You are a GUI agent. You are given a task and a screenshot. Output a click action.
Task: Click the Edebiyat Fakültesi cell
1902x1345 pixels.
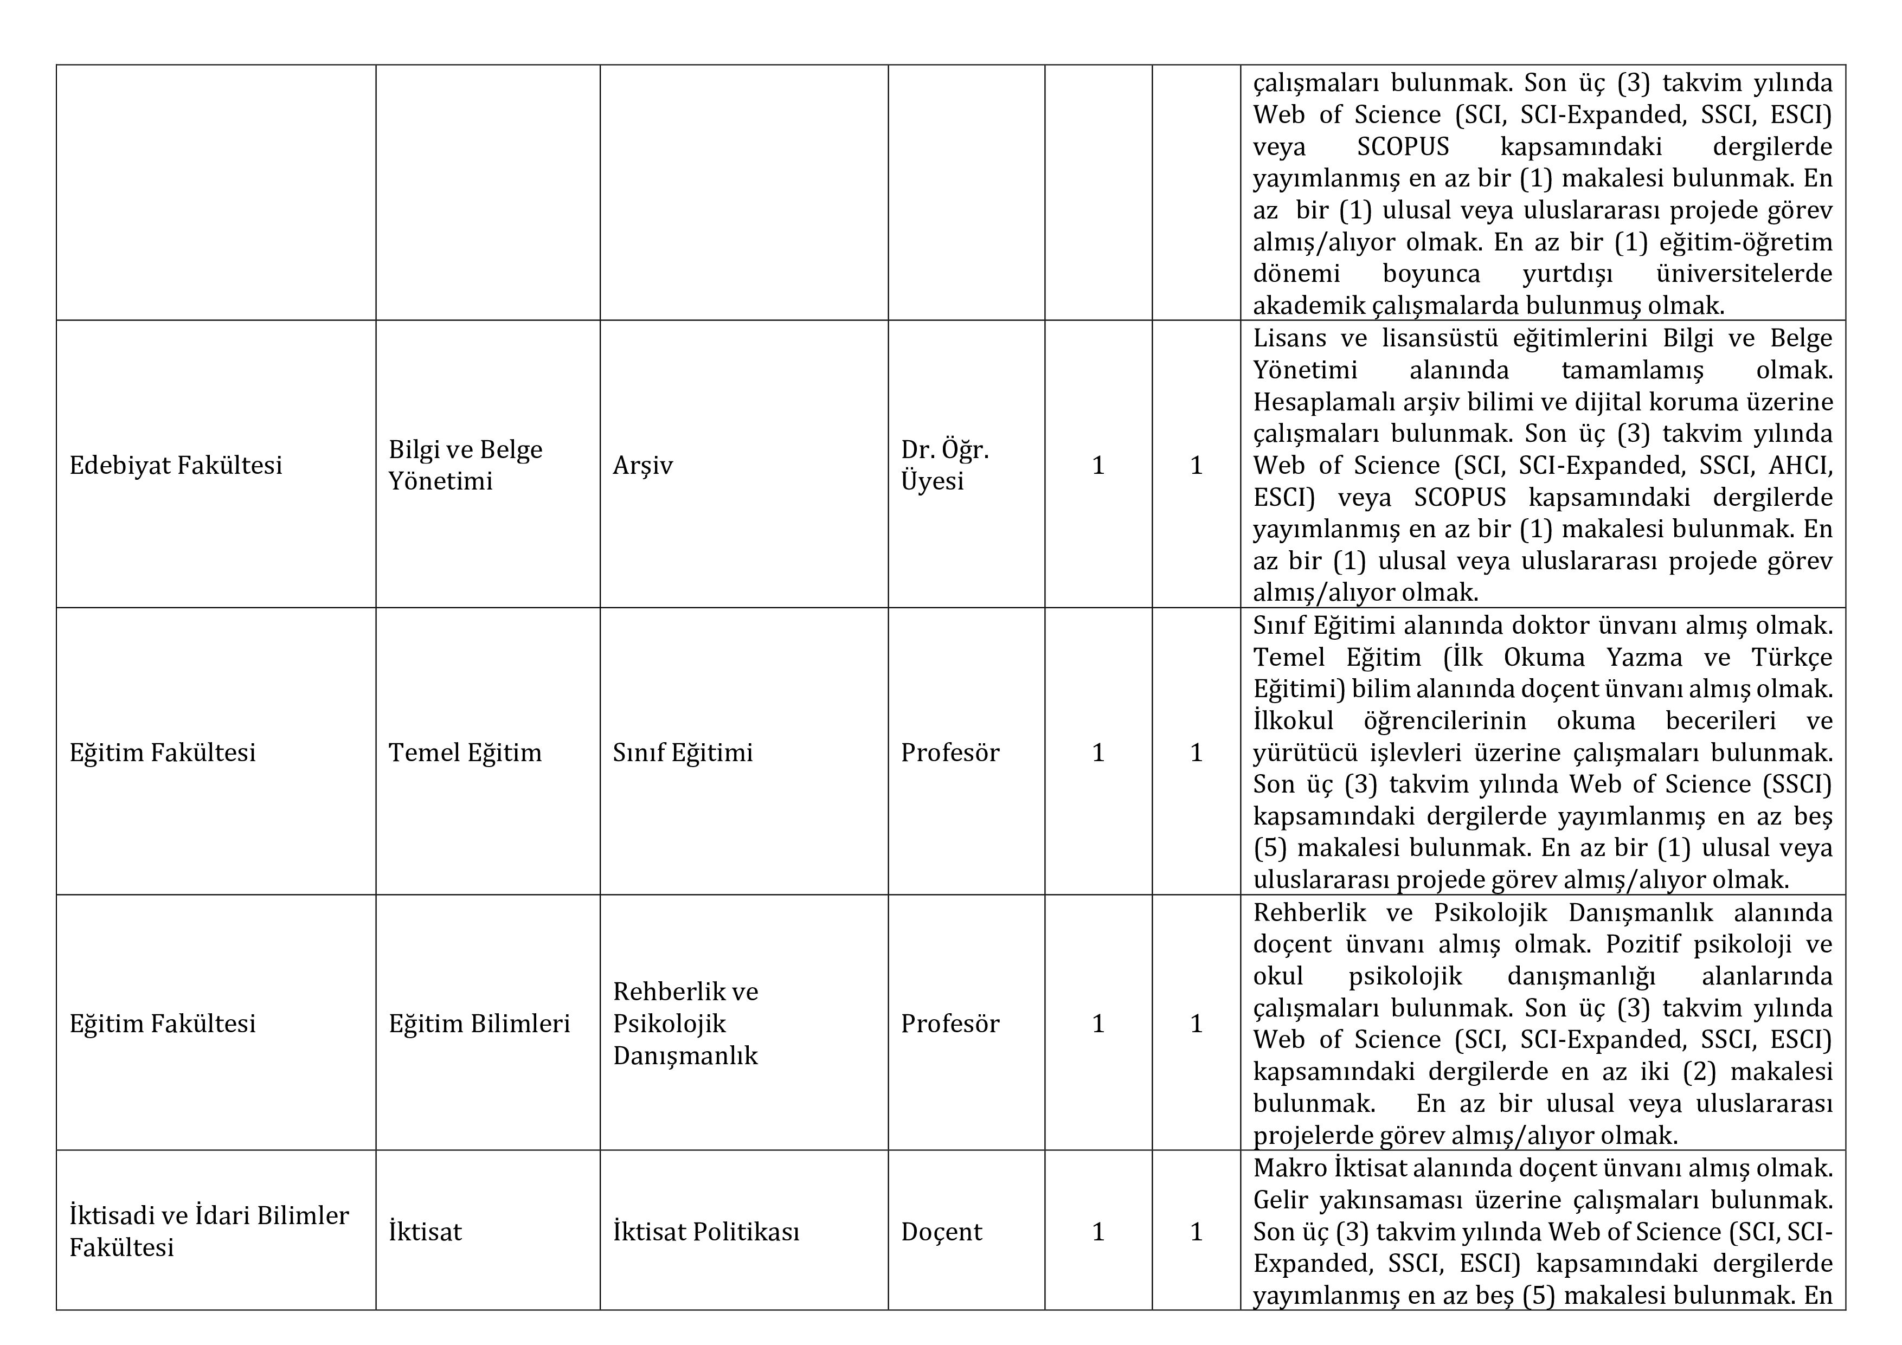(x=176, y=466)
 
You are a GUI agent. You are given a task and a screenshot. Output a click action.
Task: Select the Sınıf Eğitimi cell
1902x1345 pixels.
(x=683, y=753)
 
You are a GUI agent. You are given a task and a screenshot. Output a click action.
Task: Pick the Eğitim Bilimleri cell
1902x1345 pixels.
(x=479, y=1024)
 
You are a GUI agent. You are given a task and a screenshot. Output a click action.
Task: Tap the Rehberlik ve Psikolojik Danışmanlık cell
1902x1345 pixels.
(x=685, y=1024)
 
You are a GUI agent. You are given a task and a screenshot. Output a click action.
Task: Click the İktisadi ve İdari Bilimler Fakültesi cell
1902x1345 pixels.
(x=209, y=1232)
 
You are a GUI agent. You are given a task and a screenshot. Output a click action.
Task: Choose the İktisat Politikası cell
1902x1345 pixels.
(x=706, y=1232)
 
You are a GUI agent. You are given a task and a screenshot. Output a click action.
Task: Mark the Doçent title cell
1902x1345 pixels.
(x=941, y=1232)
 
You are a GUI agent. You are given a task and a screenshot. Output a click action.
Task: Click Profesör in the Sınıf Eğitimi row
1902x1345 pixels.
(x=950, y=753)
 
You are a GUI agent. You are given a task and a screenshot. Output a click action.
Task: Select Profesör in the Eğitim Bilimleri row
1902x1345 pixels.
(x=950, y=1024)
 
